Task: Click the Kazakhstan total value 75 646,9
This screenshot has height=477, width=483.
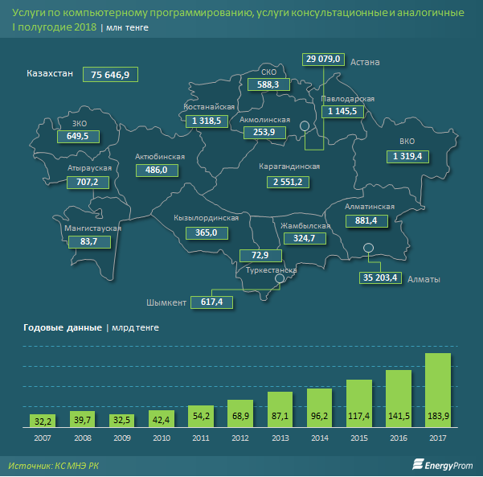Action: tap(116, 74)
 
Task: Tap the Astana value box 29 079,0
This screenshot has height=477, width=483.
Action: tap(324, 60)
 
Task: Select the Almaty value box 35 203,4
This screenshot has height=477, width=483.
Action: tap(380, 278)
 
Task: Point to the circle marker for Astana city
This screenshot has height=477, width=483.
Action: tap(305, 126)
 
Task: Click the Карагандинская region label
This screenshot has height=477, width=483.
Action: tap(289, 167)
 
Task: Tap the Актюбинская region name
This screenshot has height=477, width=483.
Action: tap(160, 156)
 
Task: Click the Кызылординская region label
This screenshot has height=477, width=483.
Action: tap(207, 218)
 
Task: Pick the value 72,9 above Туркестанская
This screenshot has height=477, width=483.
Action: tap(260, 256)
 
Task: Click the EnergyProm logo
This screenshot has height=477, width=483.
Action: tap(441, 464)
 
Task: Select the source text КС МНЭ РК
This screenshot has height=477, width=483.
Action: tap(81, 465)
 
